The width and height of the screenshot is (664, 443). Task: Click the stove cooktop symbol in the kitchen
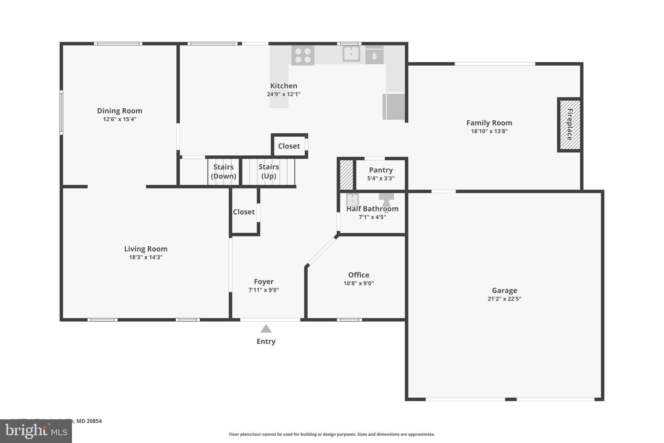302,55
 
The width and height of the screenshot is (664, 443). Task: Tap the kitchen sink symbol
351,54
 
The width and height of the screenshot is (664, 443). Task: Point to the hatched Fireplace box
570,125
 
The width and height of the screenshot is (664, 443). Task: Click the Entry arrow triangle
266,329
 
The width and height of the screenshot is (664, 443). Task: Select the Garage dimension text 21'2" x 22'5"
504,299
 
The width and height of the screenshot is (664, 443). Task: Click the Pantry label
381,170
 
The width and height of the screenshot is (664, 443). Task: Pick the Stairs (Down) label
223,171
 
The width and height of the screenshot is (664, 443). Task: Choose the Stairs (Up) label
268,171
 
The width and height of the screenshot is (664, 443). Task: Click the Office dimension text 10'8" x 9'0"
359,283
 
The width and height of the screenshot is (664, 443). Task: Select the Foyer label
264,282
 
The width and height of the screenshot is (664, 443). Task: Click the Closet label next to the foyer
244,212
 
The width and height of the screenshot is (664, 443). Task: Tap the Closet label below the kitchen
289,146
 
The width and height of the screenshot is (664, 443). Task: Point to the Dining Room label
120,111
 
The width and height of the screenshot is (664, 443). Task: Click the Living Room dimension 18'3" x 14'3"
146,257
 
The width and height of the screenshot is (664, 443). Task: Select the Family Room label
489,123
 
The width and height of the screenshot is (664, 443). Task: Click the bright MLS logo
36,431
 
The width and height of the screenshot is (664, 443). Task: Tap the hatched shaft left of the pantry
346,175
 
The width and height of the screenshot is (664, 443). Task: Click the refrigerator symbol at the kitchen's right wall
394,106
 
